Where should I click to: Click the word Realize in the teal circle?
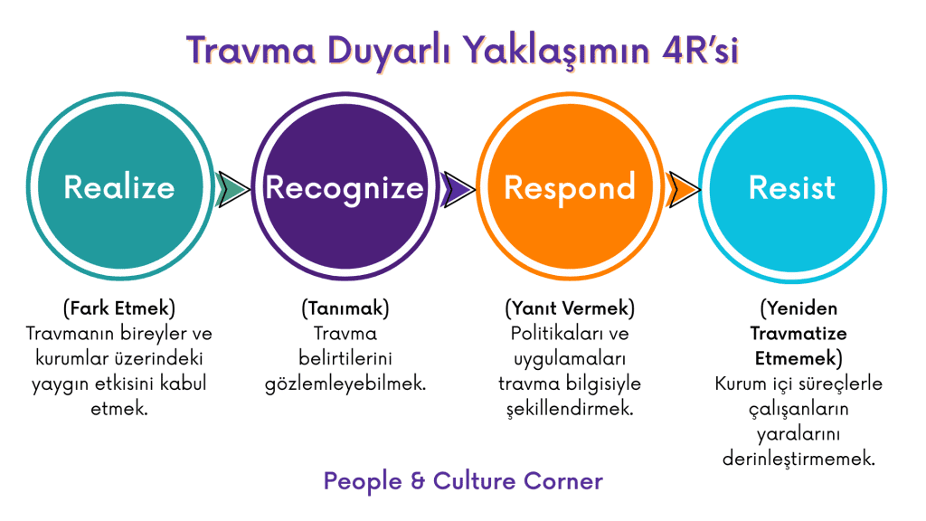coord(119,187)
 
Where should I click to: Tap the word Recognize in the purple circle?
coord(345,188)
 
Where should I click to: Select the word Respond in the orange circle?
coord(570,188)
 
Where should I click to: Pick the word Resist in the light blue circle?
coord(792,188)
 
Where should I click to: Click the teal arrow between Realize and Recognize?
coord(232,189)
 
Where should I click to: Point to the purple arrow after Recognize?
coord(457,189)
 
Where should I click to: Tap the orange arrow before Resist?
coord(683,189)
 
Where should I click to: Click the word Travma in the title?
coord(251,51)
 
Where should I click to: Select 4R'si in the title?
coord(701,51)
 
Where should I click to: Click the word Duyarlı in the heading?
coord(389,51)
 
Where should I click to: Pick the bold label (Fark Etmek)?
coord(119,308)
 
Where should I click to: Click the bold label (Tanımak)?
coord(345,308)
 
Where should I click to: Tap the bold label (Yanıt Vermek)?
coord(570,308)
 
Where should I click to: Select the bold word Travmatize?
coord(798,334)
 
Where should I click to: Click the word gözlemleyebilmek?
coord(345,384)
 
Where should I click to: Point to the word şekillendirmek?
coord(570,409)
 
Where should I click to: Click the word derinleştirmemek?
coord(798,459)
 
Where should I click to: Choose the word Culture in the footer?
coord(474,481)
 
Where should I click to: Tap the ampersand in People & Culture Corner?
coord(418,481)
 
